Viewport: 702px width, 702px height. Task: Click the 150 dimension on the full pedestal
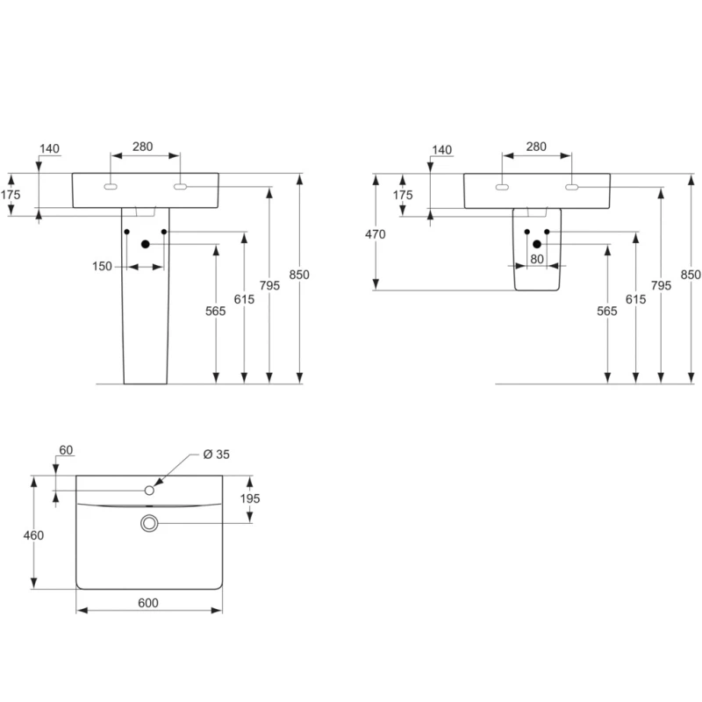point(103,266)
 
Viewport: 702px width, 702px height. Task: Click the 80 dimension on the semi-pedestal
point(536,259)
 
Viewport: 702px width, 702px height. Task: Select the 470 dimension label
point(376,234)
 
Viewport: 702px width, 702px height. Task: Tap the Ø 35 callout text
point(216,454)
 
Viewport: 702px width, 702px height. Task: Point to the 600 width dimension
point(148,603)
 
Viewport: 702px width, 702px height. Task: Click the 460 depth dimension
point(33,535)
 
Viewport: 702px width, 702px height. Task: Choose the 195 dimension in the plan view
point(251,498)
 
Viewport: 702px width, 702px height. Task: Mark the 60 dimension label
point(65,450)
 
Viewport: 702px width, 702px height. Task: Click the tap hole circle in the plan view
point(149,491)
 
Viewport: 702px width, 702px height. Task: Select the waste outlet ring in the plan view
point(149,524)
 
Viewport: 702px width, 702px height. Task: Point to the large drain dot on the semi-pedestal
point(537,244)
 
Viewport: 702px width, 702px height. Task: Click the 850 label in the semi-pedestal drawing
point(691,274)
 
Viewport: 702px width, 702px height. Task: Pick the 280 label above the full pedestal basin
point(144,147)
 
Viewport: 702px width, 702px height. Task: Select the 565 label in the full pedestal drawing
point(217,312)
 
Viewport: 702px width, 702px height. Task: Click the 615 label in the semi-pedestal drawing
point(635,299)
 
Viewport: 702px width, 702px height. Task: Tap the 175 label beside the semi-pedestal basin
point(402,195)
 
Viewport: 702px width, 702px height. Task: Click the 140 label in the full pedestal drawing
point(50,148)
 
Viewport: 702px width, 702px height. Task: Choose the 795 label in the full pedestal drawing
point(269,284)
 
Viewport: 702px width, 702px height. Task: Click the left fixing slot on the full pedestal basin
point(111,187)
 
